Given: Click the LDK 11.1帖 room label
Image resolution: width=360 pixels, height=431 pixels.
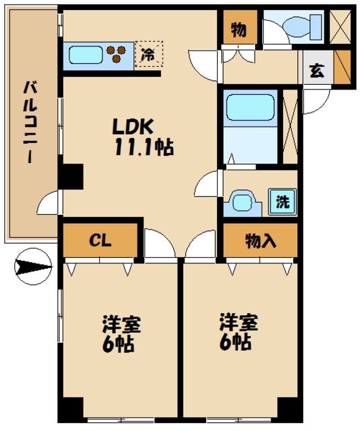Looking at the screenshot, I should coord(142,137).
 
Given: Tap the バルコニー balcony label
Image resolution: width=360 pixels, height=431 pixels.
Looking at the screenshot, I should coord(30,121).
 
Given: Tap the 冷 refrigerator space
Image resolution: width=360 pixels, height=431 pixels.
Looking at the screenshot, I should coord(148,56).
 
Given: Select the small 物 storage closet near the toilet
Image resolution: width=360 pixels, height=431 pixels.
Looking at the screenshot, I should coord(238,29).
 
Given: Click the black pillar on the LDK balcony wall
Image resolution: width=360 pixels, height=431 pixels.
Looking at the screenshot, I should coord(70,177).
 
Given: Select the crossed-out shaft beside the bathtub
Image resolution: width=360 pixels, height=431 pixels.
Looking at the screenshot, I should coord(290,126).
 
